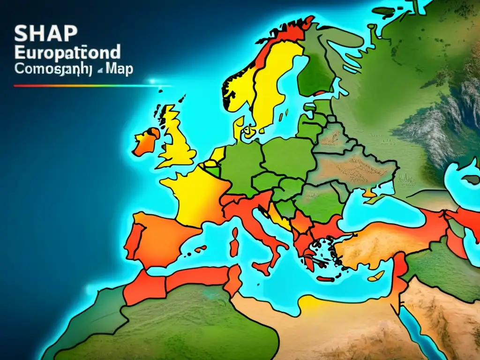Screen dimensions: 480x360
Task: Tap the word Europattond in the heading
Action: click(x=67, y=51)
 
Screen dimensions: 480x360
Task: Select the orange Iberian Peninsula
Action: click(x=159, y=239)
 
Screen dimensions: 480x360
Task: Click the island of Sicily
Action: click(x=263, y=269)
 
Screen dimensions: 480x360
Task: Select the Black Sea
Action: click(x=375, y=211)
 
